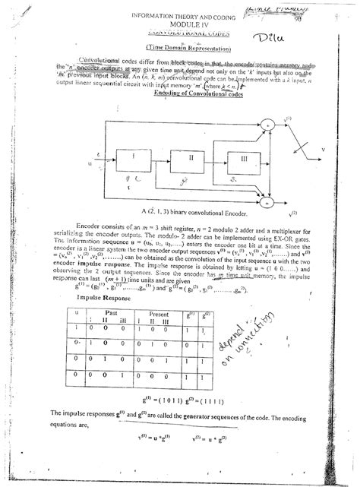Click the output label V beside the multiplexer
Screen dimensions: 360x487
(324, 150)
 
